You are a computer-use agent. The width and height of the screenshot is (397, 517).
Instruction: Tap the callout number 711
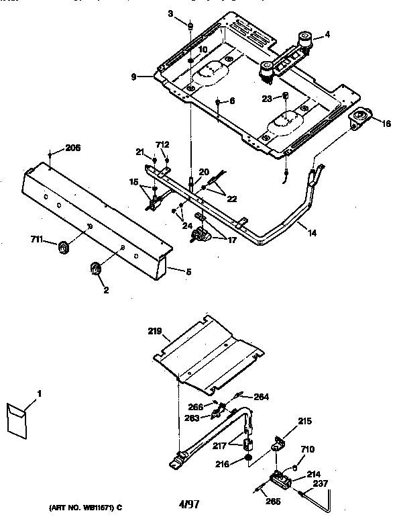pyautogui.click(x=38, y=238)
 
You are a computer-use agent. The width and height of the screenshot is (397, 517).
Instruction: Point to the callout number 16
pyautogui.click(x=386, y=124)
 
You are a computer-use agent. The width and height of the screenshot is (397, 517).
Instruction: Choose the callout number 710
pyautogui.click(x=307, y=449)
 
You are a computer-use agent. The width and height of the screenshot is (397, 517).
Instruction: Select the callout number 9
pyautogui.click(x=134, y=77)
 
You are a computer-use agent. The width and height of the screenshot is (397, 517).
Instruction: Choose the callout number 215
pyautogui.click(x=304, y=422)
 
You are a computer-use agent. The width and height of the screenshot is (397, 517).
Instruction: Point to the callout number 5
pyautogui.click(x=188, y=271)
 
